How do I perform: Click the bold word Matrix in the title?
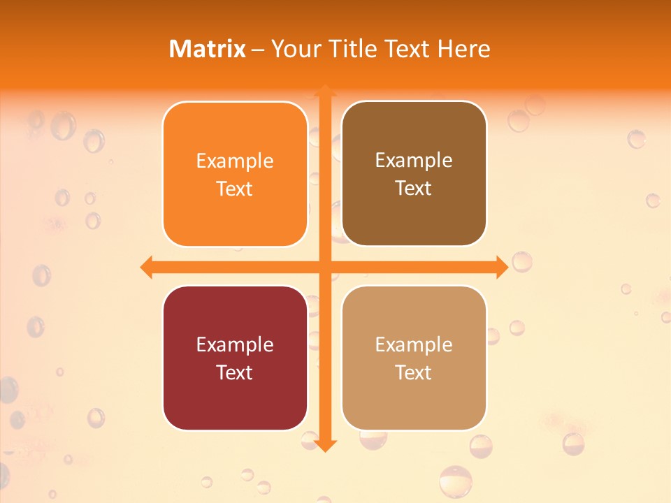(208, 49)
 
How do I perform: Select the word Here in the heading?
(463, 49)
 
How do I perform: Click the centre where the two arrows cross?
(325, 267)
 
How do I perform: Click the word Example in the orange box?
(235, 161)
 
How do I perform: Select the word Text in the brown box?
(414, 189)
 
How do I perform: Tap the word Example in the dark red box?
(235, 345)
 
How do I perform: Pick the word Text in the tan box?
(414, 373)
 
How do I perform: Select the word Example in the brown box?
(414, 161)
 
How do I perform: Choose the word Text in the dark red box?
(235, 373)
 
